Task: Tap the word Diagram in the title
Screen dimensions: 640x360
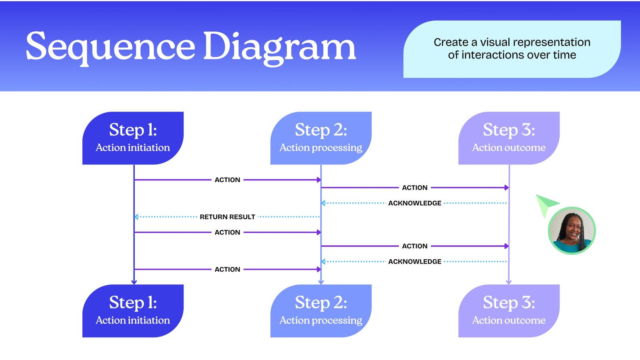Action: [280, 48]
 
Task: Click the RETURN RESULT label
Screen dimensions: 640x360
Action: [228, 217]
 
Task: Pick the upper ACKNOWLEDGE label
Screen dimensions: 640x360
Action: [415, 203]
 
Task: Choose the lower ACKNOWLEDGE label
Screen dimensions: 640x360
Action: [415, 262]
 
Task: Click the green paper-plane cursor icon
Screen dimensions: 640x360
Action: [545, 205]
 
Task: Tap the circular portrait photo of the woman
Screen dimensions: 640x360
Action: [572, 230]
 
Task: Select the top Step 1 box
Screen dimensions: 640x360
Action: [133, 138]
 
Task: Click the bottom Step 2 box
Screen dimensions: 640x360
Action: [321, 311]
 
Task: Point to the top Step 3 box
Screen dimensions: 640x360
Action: [509, 138]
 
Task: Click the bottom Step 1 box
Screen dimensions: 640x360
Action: [133, 311]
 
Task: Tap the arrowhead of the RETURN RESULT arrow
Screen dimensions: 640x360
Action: [136, 217]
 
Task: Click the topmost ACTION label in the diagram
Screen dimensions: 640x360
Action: [228, 180]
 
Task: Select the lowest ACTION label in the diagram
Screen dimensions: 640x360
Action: [228, 270]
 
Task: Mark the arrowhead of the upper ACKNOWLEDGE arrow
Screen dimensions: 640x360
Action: [323, 203]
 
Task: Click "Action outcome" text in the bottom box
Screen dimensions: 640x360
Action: [509, 320]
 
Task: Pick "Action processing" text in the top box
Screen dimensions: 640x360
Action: [321, 148]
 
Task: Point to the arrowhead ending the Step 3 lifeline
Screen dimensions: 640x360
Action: [509, 282]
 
